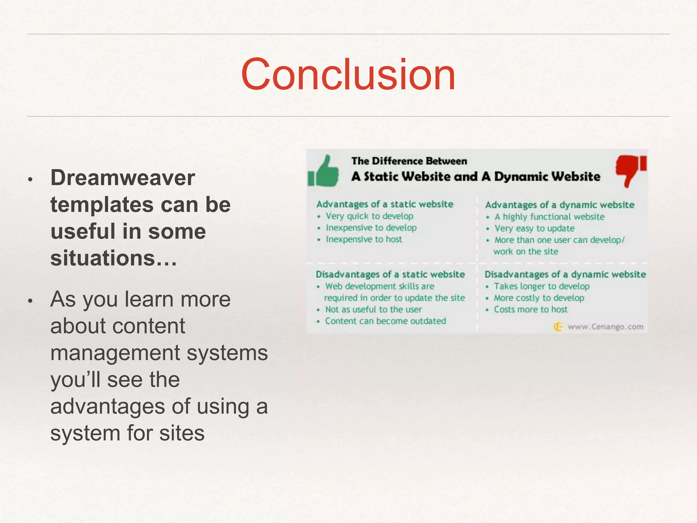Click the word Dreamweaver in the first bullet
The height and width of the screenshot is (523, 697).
[x=123, y=178]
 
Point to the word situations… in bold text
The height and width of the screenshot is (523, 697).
[x=114, y=258]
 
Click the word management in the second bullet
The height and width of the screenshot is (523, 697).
[x=116, y=352]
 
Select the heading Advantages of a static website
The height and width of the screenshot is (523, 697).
[x=385, y=204]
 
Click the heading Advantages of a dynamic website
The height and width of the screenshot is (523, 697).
[x=560, y=205]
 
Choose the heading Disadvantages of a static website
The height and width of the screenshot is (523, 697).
[x=390, y=274]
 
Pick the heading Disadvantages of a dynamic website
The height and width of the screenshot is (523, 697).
[x=565, y=274]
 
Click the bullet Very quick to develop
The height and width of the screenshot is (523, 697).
[x=369, y=216]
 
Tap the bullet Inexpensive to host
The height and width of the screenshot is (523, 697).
[x=364, y=239]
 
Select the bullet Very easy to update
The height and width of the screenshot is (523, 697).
[x=534, y=228]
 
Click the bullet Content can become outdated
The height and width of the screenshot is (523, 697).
[x=385, y=321]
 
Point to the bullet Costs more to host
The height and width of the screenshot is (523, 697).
[x=531, y=310]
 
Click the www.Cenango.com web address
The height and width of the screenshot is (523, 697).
[x=605, y=327]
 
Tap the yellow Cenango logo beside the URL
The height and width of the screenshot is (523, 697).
[x=558, y=327]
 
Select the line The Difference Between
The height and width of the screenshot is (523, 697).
[x=409, y=161]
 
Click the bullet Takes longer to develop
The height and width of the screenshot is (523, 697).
[x=541, y=286]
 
